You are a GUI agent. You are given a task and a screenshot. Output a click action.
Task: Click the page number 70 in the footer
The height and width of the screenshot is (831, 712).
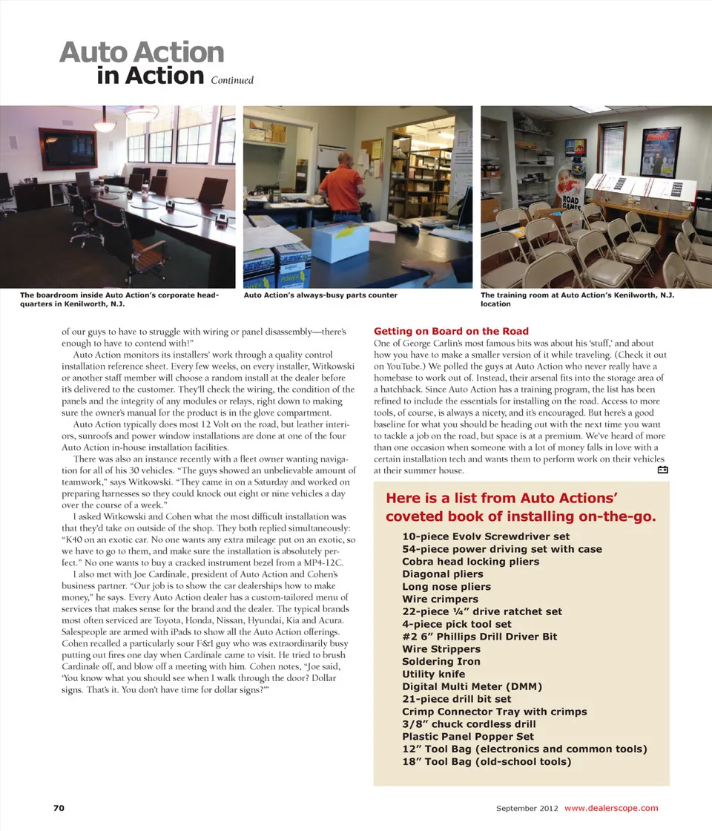(x=58, y=808)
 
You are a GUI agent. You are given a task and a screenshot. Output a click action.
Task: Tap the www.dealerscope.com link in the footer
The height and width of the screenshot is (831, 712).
(x=611, y=808)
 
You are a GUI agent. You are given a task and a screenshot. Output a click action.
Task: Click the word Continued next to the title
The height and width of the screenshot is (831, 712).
(x=232, y=80)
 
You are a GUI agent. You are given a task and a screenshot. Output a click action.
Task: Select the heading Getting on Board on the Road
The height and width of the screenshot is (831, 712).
(x=451, y=331)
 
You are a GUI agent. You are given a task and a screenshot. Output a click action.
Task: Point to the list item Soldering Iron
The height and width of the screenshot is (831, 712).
(x=441, y=661)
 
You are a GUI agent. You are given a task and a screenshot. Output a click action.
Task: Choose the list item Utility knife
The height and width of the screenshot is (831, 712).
(x=434, y=674)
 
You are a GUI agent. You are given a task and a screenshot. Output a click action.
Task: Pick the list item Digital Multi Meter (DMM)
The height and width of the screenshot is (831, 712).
(x=472, y=686)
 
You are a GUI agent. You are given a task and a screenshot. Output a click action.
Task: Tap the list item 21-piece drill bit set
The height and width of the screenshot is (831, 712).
(x=456, y=699)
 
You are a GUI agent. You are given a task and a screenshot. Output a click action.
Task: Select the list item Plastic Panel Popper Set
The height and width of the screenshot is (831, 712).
(x=467, y=736)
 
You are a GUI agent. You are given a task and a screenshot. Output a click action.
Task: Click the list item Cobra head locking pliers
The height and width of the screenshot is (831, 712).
(x=470, y=562)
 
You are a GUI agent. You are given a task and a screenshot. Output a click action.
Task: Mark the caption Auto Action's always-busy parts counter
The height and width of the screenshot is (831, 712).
(x=320, y=295)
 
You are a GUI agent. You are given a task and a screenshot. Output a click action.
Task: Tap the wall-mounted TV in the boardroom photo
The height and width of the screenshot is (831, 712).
(x=67, y=148)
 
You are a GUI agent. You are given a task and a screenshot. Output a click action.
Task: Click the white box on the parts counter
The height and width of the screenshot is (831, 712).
(x=340, y=241)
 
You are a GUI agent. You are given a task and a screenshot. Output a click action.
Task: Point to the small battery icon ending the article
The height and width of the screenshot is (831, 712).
(x=663, y=470)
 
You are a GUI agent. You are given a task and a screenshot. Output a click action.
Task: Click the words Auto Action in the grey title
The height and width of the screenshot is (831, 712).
(x=142, y=53)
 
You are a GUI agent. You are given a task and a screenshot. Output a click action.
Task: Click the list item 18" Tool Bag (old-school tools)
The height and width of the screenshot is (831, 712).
(x=486, y=761)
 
